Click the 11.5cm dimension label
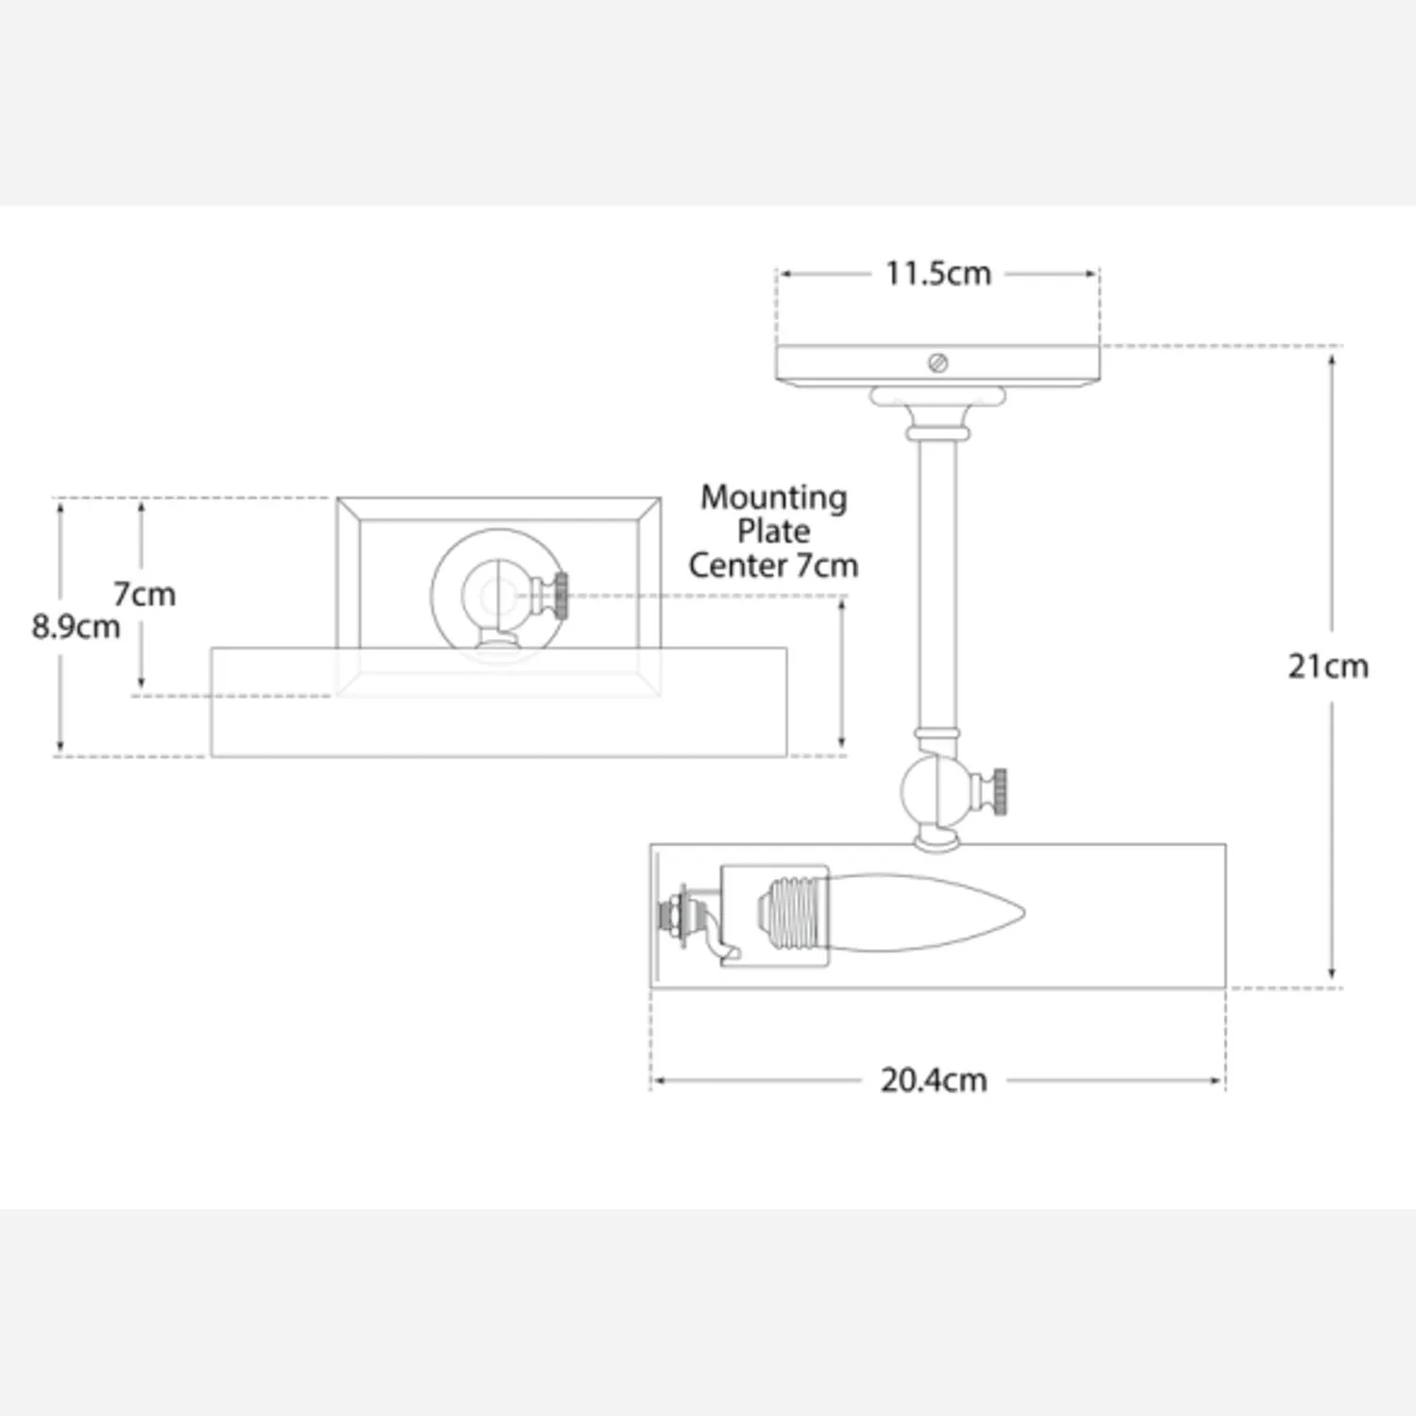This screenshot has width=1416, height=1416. (x=938, y=274)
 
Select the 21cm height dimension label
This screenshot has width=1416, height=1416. (x=1328, y=666)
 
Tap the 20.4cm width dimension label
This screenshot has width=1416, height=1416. (x=934, y=1080)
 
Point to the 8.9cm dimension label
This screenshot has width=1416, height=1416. (x=76, y=627)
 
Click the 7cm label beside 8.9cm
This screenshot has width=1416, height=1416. (x=144, y=595)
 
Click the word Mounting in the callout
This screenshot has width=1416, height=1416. (x=774, y=498)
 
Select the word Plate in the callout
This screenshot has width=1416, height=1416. (x=774, y=531)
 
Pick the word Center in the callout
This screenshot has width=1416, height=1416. (x=737, y=565)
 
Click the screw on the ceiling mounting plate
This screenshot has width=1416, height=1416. (x=937, y=362)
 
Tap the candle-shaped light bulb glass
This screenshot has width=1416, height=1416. (x=925, y=913)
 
